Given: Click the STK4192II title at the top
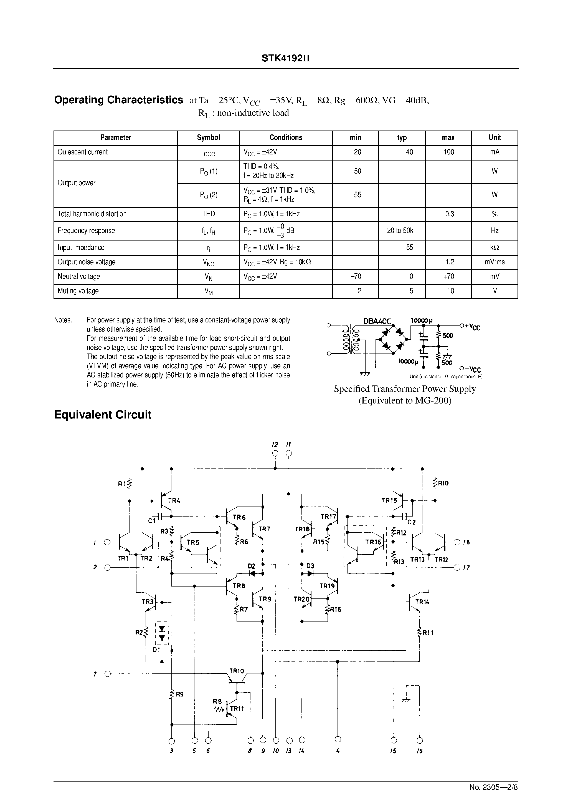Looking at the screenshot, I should (286, 58).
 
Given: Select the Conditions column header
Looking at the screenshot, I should (286, 137).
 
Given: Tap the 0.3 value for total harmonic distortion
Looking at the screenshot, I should (449, 214).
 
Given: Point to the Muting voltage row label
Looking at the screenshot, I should (78, 291).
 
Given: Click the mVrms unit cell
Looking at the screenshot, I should (495, 262).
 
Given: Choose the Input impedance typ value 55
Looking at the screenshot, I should (409, 247).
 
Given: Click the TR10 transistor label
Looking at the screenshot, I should (236, 671).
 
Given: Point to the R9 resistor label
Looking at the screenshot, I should (179, 694).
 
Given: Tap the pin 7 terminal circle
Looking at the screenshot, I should (108, 674).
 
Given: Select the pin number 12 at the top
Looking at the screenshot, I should (275, 444).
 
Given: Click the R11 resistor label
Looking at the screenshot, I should (428, 633).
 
